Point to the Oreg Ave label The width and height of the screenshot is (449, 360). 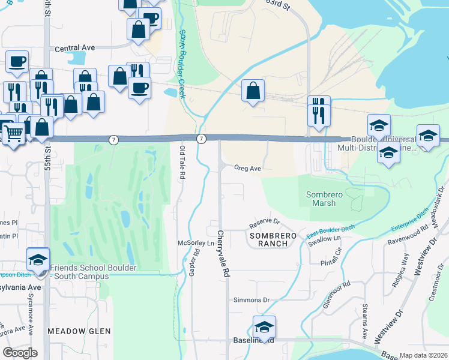coord(247,169)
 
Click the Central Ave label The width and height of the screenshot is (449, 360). coord(75,48)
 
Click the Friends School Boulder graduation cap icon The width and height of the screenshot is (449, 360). coord(38,260)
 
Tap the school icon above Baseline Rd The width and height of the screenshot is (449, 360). coord(264,326)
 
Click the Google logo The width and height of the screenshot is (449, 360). coord(20,353)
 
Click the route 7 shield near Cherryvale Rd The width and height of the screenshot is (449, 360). coord(202,139)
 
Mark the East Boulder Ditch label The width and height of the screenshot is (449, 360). coord(330,230)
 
